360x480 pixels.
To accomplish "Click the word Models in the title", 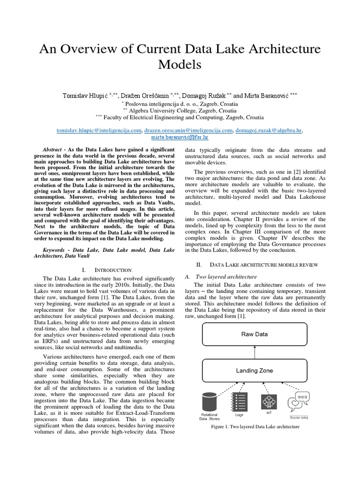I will tap(180, 64).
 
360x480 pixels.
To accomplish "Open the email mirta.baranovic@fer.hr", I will tap(180, 138).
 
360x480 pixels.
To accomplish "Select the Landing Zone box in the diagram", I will tap(254, 370).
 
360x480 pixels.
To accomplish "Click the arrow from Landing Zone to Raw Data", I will tap(254, 353).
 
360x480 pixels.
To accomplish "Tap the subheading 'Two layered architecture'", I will tap(226, 277).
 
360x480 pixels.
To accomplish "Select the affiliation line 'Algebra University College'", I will tap(180, 111).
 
